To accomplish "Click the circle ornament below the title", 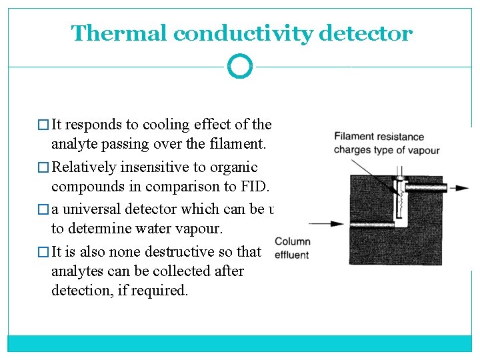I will point(240,67).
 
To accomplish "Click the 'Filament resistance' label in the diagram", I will point(373,137).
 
